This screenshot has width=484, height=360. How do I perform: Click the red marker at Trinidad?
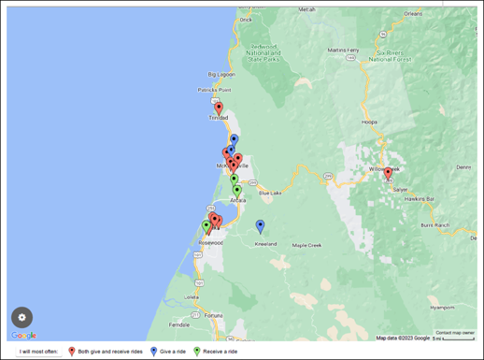pos(219,108)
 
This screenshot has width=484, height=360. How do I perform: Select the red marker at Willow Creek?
pos(388,173)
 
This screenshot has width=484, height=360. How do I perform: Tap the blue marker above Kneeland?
pos(260,225)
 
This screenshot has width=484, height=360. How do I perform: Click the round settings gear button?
pos(22,317)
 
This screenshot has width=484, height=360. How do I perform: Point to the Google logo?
pos(23,336)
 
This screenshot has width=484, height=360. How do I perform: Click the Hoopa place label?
pos(370,122)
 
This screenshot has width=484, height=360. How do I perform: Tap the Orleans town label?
pos(413,14)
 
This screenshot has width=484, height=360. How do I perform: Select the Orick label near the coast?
pos(246,19)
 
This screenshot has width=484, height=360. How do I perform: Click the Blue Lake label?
pos(270,193)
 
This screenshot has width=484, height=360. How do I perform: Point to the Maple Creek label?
pos(306,246)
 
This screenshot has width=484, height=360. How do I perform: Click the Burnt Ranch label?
pos(435,225)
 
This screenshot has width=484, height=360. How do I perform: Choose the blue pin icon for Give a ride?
pos(153,352)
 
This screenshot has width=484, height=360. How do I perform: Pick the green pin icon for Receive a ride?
pos(196,352)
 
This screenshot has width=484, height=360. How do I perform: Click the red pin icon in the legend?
pos(72,352)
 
